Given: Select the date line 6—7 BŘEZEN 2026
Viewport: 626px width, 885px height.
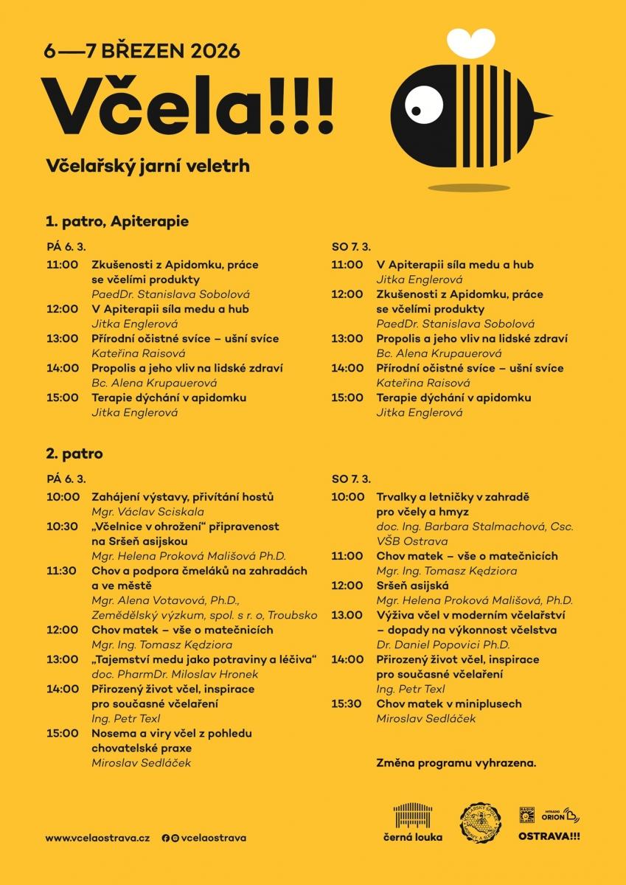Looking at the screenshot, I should click(142, 51).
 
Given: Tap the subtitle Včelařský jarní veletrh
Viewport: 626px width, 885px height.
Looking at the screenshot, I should click(147, 166).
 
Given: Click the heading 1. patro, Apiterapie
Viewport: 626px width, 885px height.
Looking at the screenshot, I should click(117, 221).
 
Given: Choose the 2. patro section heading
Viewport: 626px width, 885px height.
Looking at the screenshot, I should click(74, 454).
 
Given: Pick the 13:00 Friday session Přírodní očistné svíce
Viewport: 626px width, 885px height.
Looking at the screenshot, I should click(185, 339).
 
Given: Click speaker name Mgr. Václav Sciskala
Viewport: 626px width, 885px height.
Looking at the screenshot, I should click(147, 511).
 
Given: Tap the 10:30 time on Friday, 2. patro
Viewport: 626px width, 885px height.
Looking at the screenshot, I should click(62, 527).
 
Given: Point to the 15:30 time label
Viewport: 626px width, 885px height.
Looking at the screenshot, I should click(347, 704).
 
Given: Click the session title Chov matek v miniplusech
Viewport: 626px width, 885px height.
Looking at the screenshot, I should click(448, 704).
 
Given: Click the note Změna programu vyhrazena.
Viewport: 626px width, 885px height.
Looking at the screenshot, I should click(456, 763).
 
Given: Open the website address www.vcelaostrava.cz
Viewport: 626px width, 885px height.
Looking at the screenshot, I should click(97, 838).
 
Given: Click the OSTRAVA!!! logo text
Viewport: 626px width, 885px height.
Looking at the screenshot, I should click(549, 836).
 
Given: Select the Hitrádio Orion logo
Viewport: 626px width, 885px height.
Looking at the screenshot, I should click(560, 816).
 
